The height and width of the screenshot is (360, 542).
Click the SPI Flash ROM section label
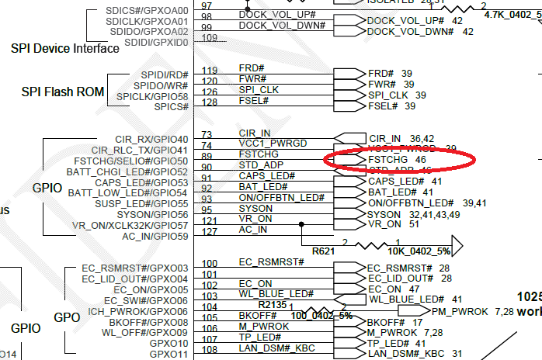tap(63, 92)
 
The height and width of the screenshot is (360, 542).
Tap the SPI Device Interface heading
tap(65, 48)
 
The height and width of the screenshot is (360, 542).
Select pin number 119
tap(209, 71)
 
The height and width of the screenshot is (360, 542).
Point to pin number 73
tap(207, 135)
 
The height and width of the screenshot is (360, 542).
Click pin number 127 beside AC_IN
tap(209, 230)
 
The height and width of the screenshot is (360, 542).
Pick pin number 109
tap(209, 38)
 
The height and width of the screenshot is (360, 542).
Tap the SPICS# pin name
tap(169, 107)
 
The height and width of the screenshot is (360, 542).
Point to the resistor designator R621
tap(325, 251)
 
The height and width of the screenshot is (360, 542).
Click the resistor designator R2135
tap(273, 305)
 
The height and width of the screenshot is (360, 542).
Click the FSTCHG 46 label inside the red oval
tap(397, 158)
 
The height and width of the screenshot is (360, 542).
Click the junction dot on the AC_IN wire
tap(301, 225)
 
